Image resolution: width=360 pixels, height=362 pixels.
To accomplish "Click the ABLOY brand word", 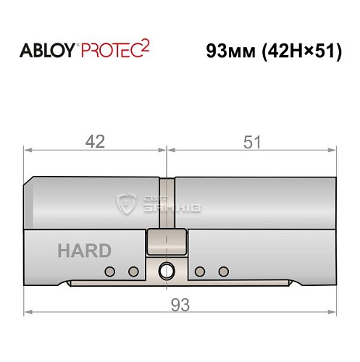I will (47, 52).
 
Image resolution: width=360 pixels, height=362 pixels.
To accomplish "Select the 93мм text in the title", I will (231, 52).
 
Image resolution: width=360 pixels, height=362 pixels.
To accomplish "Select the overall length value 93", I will (180, 305).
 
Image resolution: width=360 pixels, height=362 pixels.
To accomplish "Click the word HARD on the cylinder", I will (84, 251).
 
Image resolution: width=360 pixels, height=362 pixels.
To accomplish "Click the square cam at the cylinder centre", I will (167, 241).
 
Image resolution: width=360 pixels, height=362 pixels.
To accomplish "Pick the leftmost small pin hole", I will (110, 271).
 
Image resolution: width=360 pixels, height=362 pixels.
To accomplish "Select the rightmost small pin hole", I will (223, 271).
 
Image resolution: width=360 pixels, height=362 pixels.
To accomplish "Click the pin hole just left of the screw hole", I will (133, 271).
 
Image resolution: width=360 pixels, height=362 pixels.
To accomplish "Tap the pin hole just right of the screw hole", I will (200, 271).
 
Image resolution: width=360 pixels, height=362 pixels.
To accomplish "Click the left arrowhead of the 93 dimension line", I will (29, 313).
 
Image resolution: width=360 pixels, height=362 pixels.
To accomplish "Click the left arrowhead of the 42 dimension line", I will (29, 151).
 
